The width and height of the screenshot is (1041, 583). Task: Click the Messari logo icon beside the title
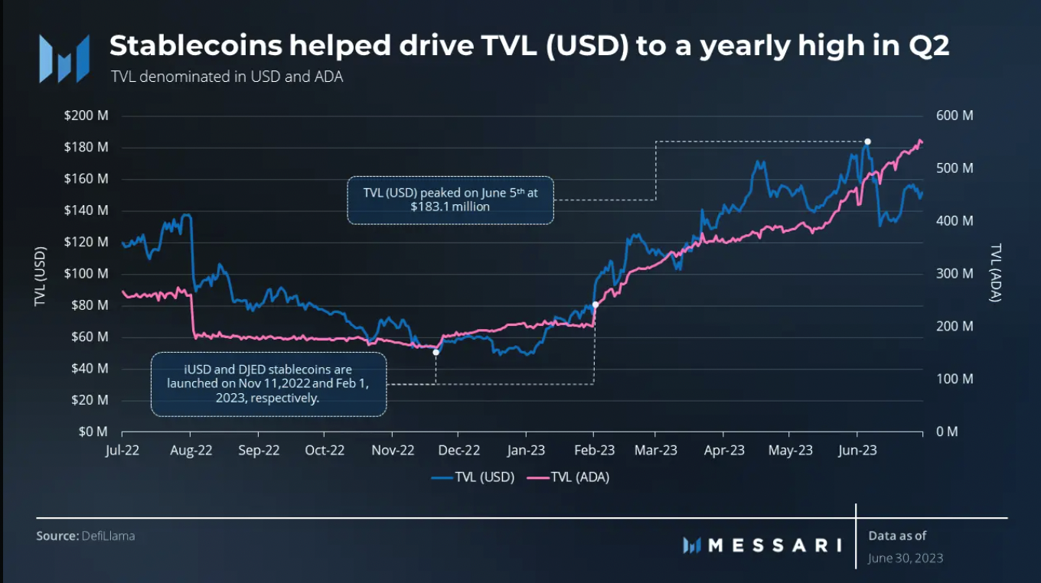click(x=64, y=58)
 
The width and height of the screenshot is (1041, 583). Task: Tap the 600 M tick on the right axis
click(x=955, y=116)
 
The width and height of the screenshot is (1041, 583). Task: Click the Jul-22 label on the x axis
click(x=123, y=451)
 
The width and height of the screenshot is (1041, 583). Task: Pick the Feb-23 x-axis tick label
click(x=594, y=451)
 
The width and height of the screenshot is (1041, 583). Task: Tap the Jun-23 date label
click(x=857, y=451)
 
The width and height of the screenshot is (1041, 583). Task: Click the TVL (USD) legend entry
click(x=473, y=477)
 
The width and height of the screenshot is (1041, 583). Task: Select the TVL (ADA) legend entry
click(x=568, y=477)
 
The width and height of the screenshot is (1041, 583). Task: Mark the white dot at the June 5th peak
click(x=867, y=142)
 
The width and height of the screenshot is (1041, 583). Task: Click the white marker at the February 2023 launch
click(x=595, y=305)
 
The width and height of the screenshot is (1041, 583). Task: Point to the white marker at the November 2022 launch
click(x=436, y=352)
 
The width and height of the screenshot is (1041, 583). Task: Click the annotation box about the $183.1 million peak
click(x=450, y=200)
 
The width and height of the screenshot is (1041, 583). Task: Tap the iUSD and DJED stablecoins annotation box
click(x=269, y=384)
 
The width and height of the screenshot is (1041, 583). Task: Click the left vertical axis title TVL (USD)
click(x=40, y=278)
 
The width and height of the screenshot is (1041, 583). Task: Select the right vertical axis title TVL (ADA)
click(x=995, y=273)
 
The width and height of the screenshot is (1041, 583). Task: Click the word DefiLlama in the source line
click(x=108, y=536)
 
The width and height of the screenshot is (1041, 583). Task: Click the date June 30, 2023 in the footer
click(x=906, y=558)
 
